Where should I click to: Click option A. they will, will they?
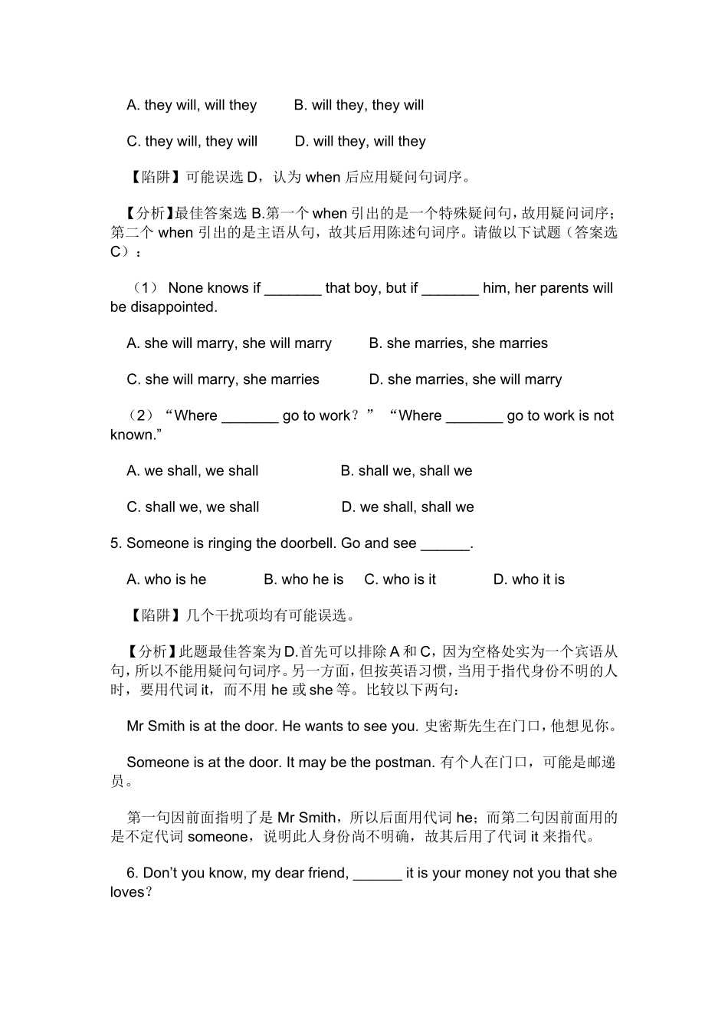pyautogui.click(x=192, y=105)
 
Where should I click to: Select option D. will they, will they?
pyautogui.click(x=360, y=141)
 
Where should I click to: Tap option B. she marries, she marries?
pyautogui.click(x=458, y=343)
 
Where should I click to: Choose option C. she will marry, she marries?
pyautogui.click(x=223, y=379)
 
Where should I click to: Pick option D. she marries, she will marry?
pyautogui.click(x=465, y=379)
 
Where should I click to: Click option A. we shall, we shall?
pyautogui.click(x=192, y=471)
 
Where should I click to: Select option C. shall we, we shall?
pyautogui.click(x=193, y=507)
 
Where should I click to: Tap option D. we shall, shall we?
pyautogui.click(x=408, y=507)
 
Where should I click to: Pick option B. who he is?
pyautogui.click(x=303, y=579)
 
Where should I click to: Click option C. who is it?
pyautogui.click(x=400, y=579)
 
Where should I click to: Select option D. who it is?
pyautogui.click(x=529, y=579)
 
